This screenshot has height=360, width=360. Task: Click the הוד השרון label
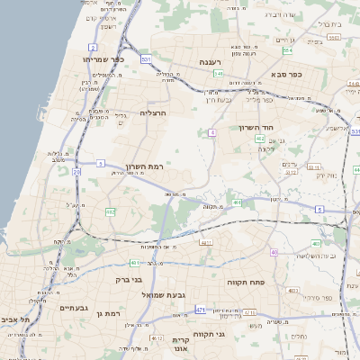coord(255,128)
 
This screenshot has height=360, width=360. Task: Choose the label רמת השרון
coord(144,168)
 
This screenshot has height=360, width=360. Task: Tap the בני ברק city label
coord(130,279)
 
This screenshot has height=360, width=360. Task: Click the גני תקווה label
coord(233,334)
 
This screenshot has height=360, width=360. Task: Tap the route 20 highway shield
coord(76,171)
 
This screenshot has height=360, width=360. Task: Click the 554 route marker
coord(286,51)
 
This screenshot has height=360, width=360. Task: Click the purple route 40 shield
coord(274,252)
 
